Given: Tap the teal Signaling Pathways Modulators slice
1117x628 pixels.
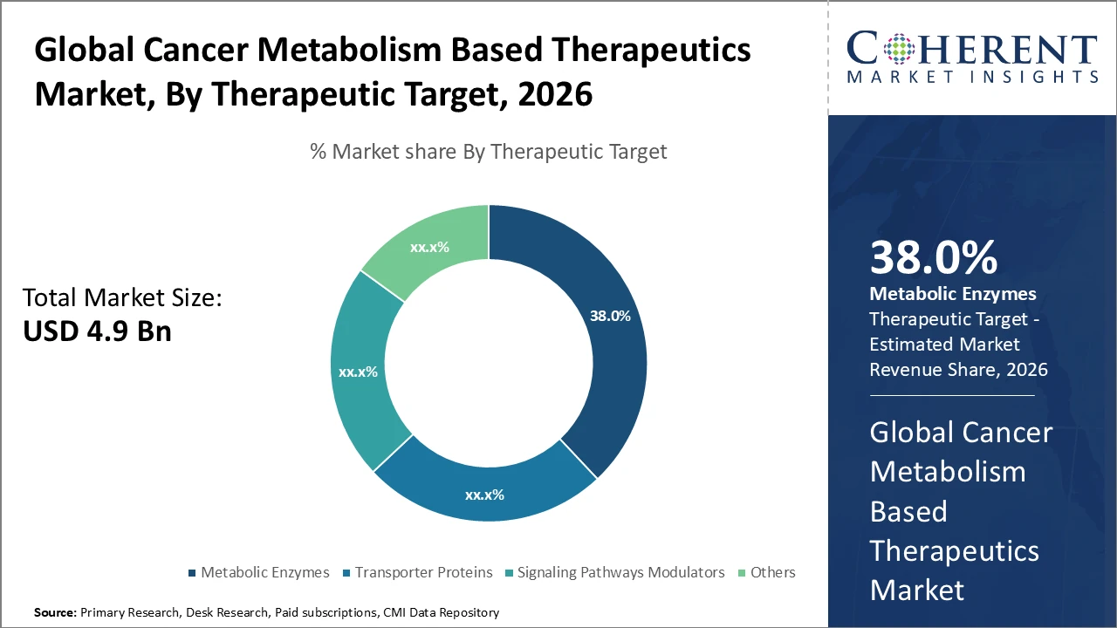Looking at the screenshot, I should (362, 384).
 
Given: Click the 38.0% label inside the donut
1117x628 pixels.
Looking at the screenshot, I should (610, 316).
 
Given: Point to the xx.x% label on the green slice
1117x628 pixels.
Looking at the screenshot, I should (429, 247).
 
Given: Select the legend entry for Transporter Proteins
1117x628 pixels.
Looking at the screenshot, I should (422, 572).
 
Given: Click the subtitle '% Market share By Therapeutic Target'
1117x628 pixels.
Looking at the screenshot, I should (489, 152).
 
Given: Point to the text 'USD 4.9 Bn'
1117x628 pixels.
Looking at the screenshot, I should (97, 331).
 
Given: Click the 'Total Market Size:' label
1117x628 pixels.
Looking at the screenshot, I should (122, 298).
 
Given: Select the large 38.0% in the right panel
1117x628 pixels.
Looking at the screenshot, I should (933, 258).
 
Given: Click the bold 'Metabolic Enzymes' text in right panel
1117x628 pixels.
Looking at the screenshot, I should (953, 294).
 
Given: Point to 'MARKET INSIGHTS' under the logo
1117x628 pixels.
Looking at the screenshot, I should (971, 77).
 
